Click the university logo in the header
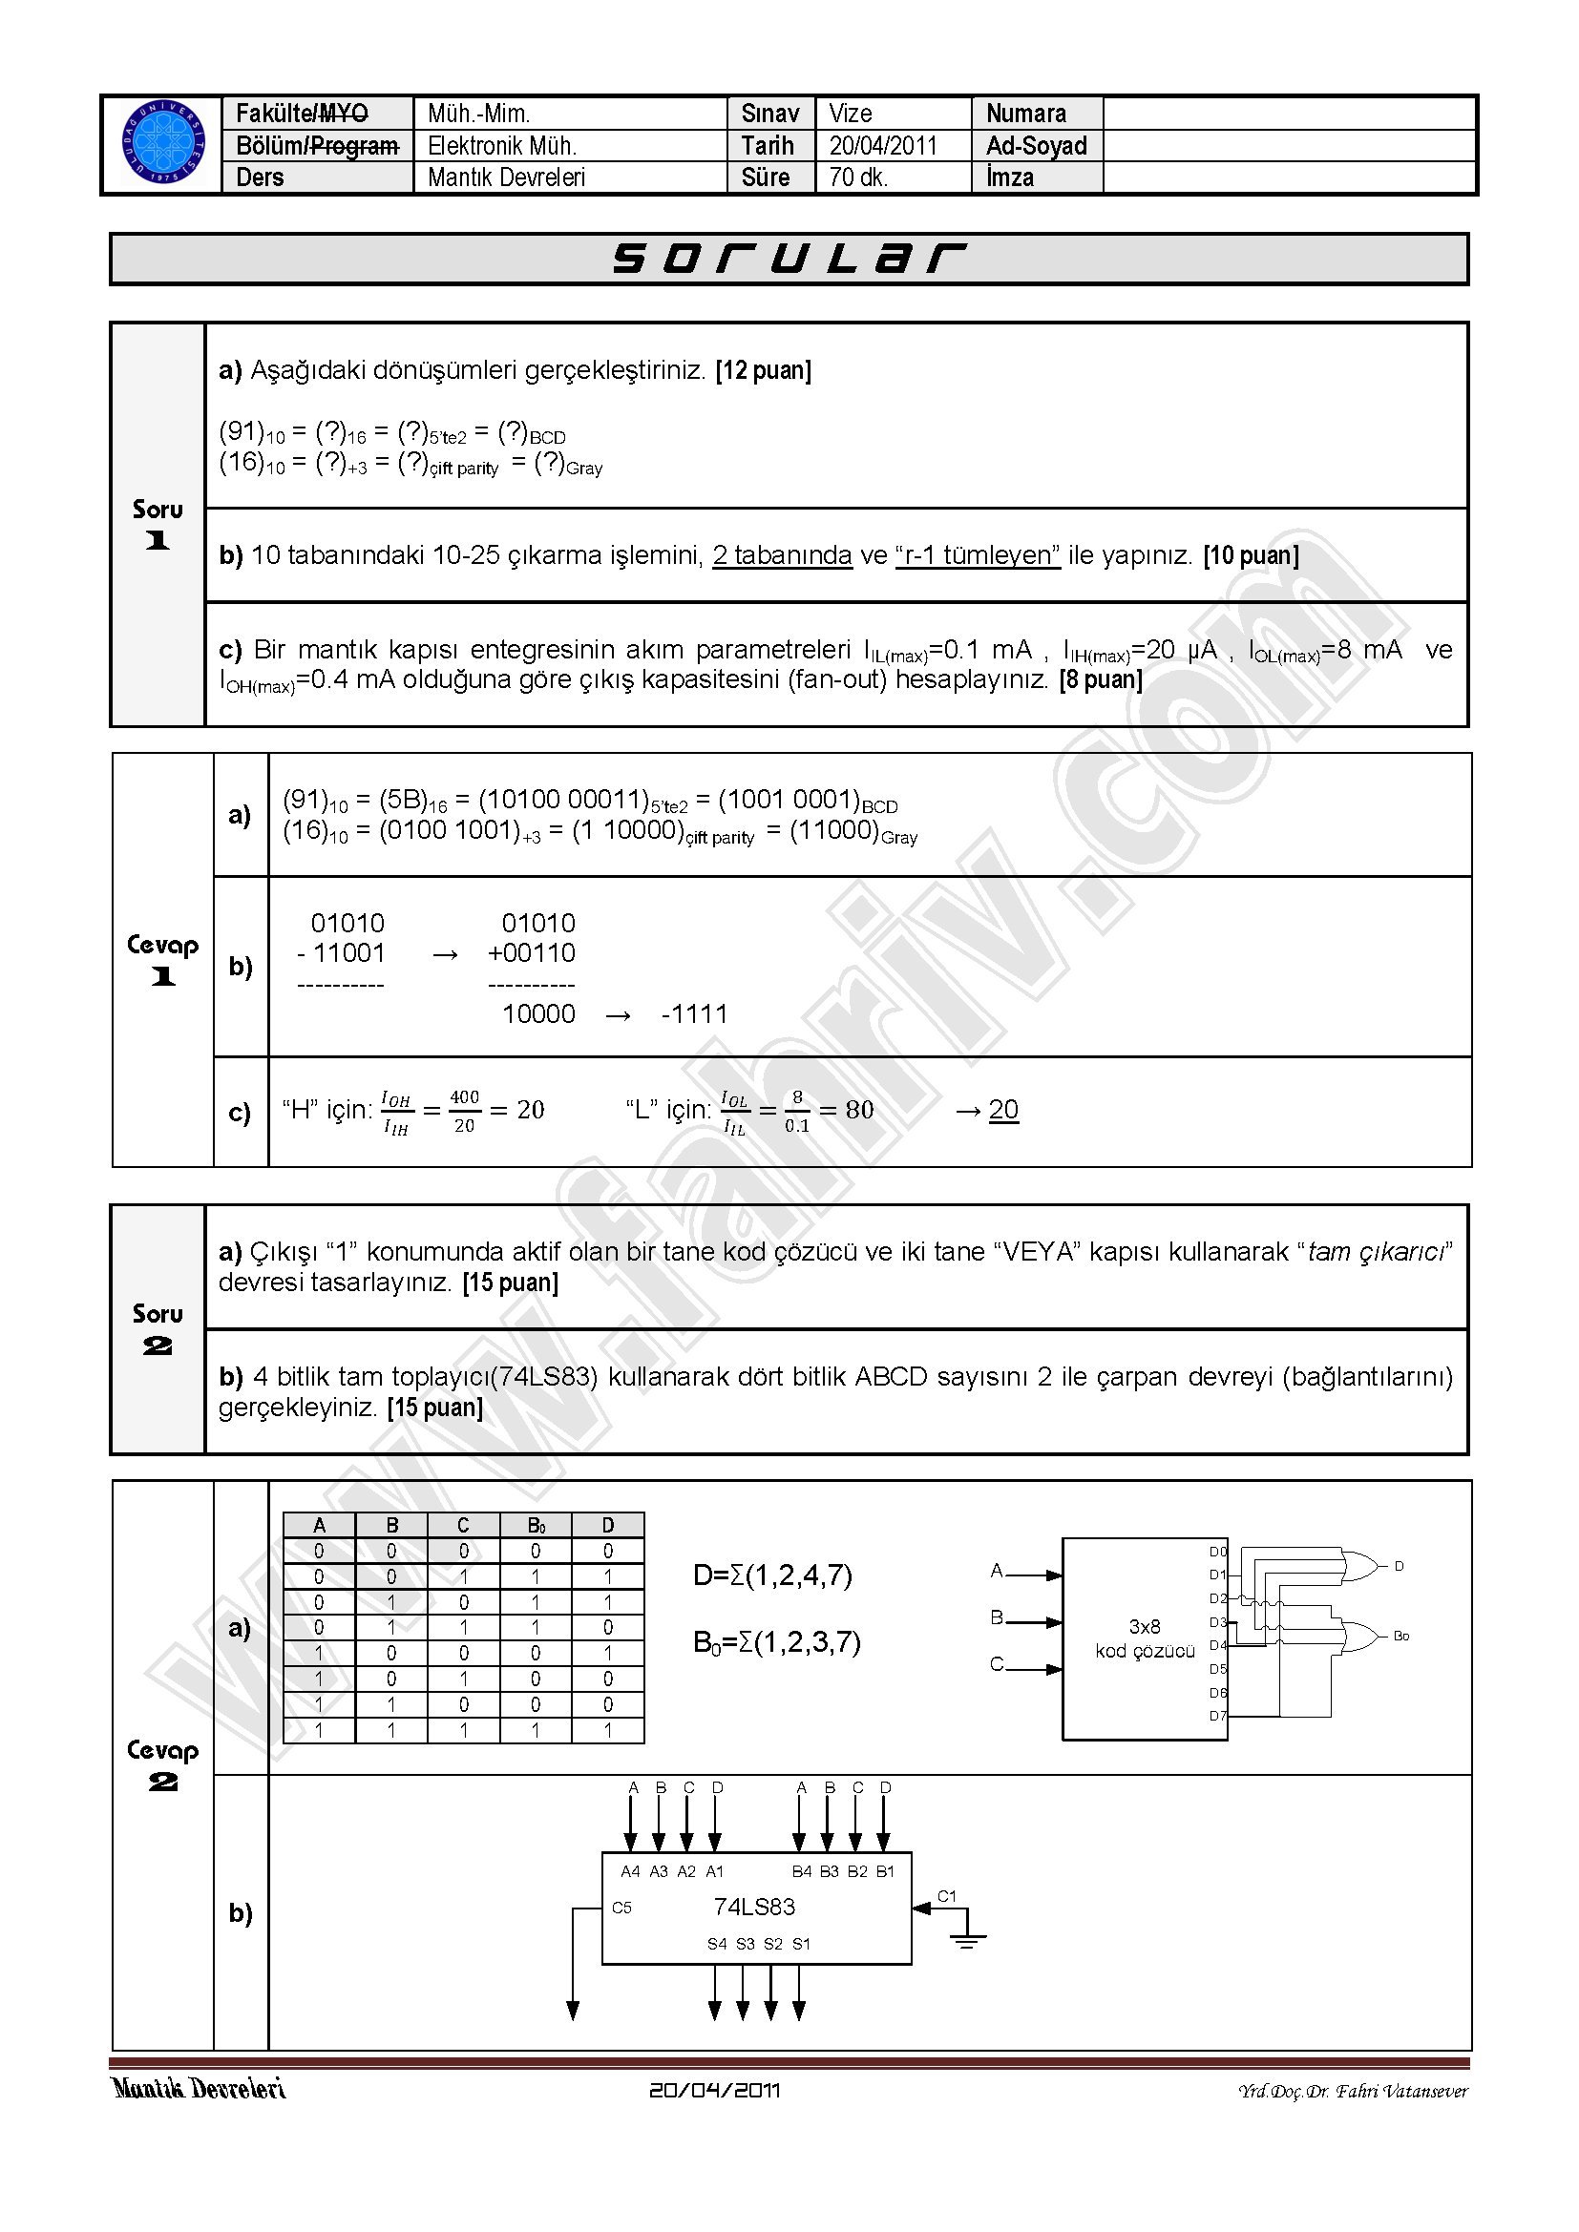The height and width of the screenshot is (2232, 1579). [163, 145]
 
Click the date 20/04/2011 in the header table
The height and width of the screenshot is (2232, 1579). [883, 146]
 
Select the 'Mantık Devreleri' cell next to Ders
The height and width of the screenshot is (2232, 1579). [507, 177]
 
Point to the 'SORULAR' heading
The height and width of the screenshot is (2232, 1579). [789, 260]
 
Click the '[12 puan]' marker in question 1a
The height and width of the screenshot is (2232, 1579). [764, 370]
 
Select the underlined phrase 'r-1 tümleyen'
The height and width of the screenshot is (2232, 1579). [978, 555]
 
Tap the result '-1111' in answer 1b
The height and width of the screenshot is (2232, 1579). [694, 1015]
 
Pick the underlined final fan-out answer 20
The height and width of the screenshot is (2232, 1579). [1003, 1109]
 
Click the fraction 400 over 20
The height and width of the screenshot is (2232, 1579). [465, 1110]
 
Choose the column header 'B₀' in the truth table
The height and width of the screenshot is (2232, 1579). [536, 1526]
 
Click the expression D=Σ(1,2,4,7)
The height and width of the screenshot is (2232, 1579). [773, 1575]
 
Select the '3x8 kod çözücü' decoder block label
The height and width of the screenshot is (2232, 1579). [1145, 1639]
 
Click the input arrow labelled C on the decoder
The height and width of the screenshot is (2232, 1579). [1031, 1668]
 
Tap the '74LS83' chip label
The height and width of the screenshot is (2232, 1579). [754, 1907]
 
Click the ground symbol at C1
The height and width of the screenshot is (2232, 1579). [966, 1940]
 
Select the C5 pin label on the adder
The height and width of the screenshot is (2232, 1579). [622, 1908]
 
